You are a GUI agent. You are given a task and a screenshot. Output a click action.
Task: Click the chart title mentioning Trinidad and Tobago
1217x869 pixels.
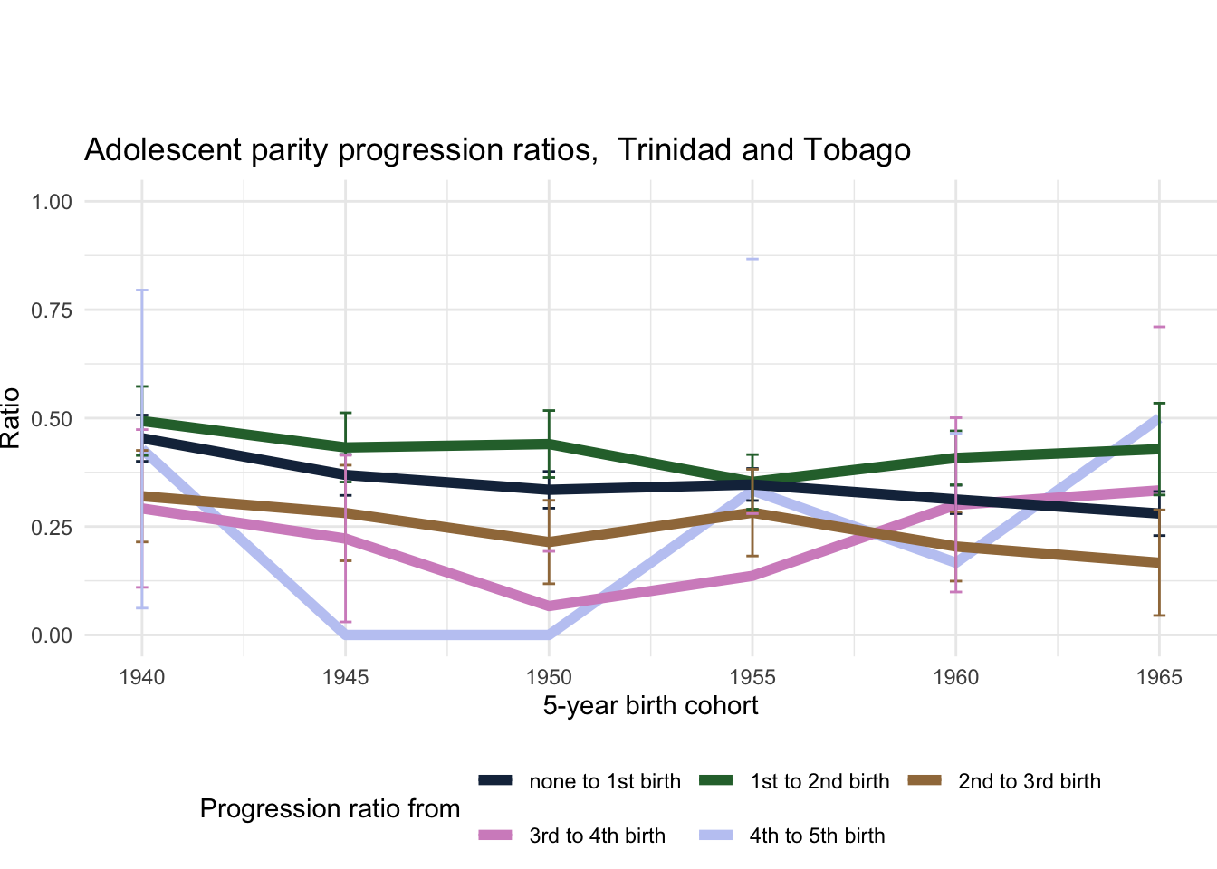tap(497, 150)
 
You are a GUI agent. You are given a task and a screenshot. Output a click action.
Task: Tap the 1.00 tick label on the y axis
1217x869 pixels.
tap(52, 202)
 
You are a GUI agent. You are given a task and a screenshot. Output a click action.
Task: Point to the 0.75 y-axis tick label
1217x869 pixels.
tap(52, 310)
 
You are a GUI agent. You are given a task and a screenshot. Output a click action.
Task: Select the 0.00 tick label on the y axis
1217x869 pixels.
tap(52, 635)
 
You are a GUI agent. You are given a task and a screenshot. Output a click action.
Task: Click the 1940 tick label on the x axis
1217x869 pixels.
tap(142, 678)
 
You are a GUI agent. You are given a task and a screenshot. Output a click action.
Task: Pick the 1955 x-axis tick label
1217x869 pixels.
tap(752, 678)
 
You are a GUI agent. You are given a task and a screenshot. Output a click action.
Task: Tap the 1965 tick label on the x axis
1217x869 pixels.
tap(1159, 678)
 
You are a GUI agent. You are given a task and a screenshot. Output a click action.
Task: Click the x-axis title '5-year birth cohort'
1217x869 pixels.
tap(650, 706)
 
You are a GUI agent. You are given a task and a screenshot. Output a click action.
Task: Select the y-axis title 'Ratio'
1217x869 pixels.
tap(11, 418)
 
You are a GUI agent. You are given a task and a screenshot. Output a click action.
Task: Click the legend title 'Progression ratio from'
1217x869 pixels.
tap(330, 808)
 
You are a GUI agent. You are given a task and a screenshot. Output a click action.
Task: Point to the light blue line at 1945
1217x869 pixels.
tap(345, 635)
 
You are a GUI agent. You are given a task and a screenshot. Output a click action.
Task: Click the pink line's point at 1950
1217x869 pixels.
tap(549, 606)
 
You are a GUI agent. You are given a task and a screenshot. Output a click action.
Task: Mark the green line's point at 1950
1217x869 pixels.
tap(549, 443)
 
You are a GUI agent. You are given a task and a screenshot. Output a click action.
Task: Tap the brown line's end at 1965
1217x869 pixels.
tap(1159, 563)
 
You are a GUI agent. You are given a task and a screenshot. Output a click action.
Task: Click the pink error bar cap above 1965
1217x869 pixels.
tap(1159, 326)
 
